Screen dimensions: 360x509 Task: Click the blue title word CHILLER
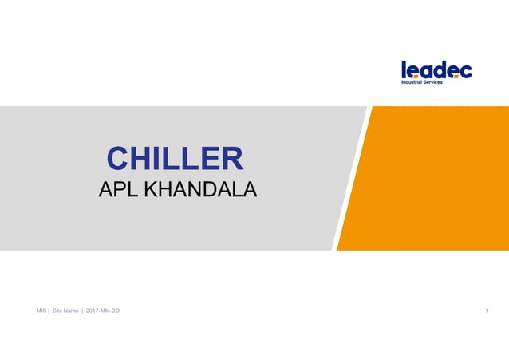(175, 159)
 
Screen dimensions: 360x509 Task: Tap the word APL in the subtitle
(112, 191)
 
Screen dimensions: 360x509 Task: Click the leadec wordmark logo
(436, 70)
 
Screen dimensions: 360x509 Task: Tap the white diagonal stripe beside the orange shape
(350, 178)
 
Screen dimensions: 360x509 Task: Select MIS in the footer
(41, 311)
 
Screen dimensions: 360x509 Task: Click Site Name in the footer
(65, 311)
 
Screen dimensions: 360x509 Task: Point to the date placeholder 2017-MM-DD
(103, 311)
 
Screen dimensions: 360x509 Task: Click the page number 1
(487, 311)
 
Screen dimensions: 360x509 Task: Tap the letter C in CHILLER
(119, 159)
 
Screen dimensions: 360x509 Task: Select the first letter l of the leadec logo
(404, 69)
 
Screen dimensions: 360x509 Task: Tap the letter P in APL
(113, 191)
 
